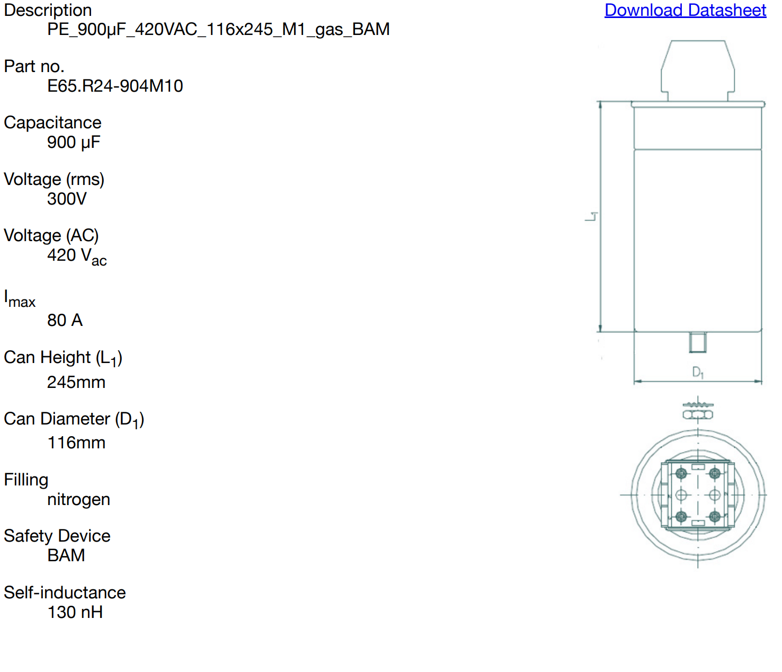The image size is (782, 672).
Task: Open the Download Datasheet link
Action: pos(685,10)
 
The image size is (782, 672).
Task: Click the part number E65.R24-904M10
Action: pos(115,86)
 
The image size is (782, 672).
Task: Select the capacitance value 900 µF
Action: pos(74,142)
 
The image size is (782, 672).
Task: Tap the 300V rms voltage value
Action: pos(67,199)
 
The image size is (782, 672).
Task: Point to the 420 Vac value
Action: pos(77,256)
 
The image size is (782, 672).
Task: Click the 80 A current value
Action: pos(65,320)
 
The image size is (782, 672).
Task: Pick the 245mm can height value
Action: pos(76,382)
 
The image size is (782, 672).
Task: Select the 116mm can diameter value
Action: pos(76,443)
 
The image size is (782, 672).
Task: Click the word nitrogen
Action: pos(78,499)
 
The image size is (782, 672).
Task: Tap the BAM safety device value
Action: pos(66,555)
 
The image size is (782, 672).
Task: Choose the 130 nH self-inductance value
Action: pos(75,612)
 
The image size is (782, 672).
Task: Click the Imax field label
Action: pos(20,299)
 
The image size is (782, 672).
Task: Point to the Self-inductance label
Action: pos(65,593)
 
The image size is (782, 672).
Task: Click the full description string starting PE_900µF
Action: pos(218,29)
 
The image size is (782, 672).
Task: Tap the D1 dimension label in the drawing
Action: pos(698,373)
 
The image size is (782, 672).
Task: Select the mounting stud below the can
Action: pos(698,342)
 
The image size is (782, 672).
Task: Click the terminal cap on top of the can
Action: pos(698,69)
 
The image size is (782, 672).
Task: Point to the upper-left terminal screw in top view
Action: pos(681,473)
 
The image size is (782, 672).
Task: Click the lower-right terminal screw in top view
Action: pos(715,516)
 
